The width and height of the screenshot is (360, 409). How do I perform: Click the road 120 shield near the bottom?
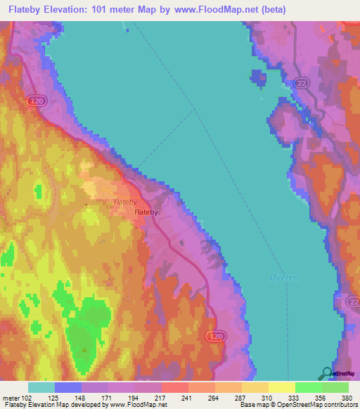(217, 338)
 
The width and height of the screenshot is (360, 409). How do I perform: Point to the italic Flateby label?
(124, 202)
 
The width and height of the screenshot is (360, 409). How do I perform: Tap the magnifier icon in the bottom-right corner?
(326, 373)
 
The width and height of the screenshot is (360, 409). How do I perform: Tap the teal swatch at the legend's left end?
(41, 387)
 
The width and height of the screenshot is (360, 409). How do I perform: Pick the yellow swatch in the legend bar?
(281, 387)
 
